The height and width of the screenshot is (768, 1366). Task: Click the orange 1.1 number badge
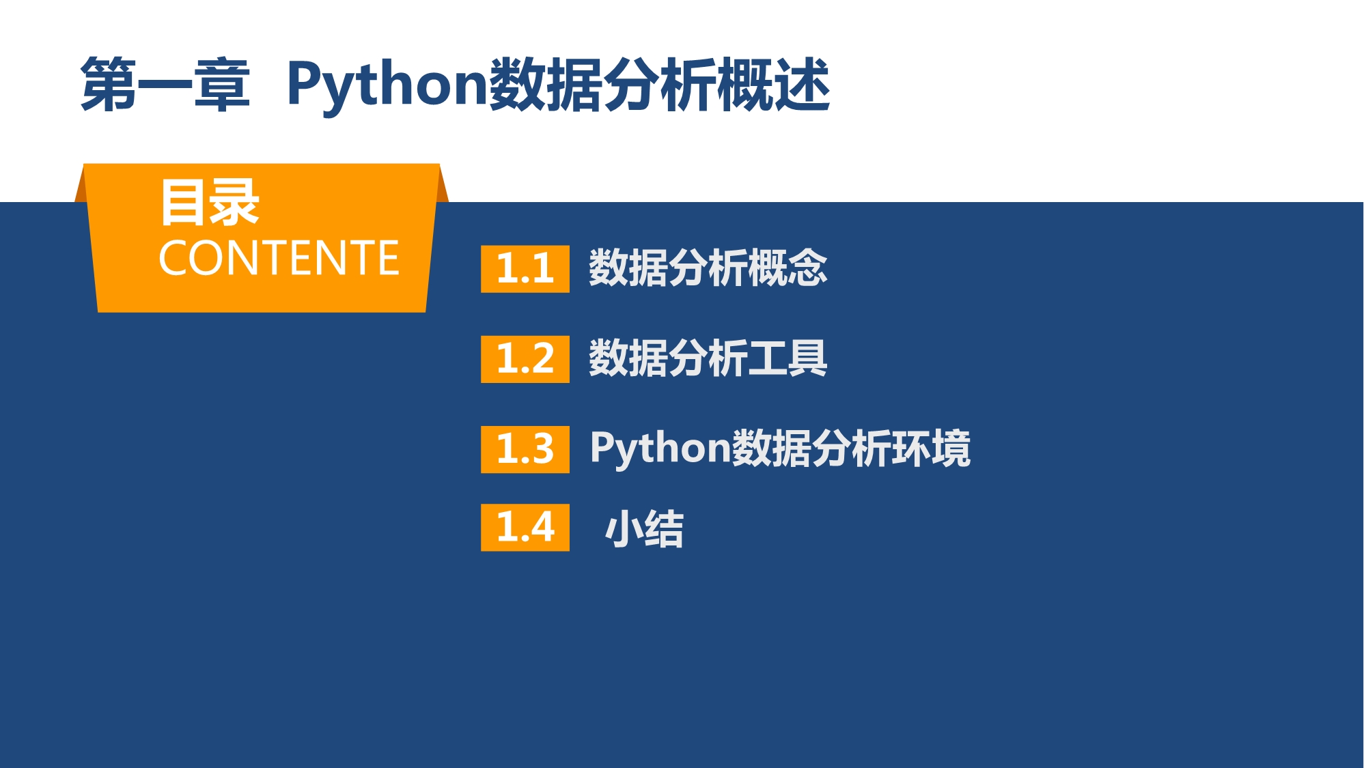pos(525,269)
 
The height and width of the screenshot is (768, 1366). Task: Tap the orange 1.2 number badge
pos(525,359)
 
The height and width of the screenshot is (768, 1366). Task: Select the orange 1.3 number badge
pos(525,449)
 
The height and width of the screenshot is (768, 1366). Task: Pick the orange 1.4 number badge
pos(525,527)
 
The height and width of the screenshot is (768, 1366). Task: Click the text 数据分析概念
pos(708,268)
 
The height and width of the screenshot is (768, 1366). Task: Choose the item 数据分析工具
pos(708,358)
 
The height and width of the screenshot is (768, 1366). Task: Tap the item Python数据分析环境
pos(780,449)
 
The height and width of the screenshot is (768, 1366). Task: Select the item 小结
pos(644,528)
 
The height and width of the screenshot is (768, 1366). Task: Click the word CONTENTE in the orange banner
pos(279,258)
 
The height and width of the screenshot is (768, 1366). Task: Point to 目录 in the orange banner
pos(210,202)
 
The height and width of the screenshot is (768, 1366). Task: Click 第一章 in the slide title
pos(165,85)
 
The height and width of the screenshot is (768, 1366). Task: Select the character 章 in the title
pos(222,85)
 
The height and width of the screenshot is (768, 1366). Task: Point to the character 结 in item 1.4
pos(664,528)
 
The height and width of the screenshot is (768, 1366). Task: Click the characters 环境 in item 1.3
pos(931,449)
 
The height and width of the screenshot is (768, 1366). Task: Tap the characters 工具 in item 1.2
pos(787,358)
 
